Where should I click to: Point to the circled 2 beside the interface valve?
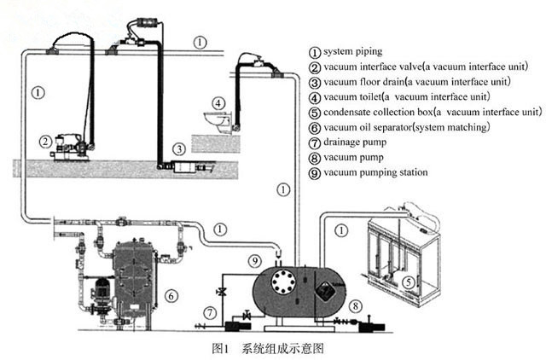tap(44, 142)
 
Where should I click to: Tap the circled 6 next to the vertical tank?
tap(171, 296)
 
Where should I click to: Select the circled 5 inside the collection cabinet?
tap(408, 282)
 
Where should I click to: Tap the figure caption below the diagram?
tap(271, 348)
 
